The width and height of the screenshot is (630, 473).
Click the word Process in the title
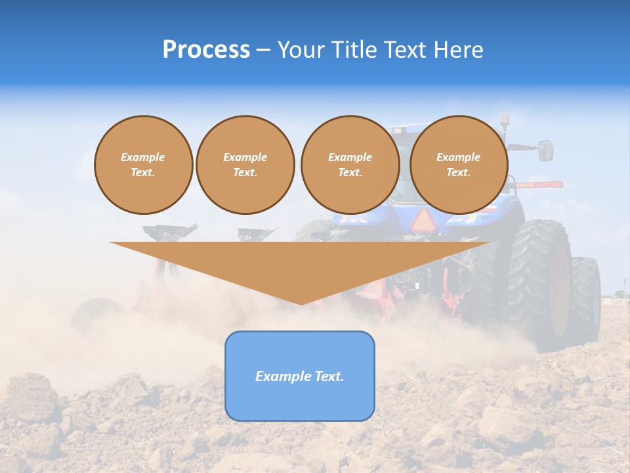[206, 50]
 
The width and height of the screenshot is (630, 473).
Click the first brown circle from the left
[143, 165]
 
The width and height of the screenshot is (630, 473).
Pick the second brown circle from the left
[245, 165]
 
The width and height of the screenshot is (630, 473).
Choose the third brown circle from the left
[350, 165]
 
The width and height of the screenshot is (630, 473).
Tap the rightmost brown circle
[458, 165]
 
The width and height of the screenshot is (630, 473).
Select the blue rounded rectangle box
[300, 376]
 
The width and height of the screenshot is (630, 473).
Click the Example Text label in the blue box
[300, 376]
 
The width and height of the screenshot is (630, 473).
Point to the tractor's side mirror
[545, 150]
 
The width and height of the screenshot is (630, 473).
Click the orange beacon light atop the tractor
[504, 120]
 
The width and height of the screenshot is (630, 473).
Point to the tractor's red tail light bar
[538, 185]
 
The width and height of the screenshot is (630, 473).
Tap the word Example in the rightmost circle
[458, 157]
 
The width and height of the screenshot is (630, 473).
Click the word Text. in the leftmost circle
[143, 173]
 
